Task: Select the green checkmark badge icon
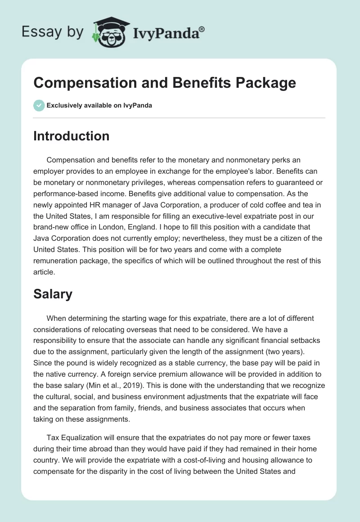click(39, 106)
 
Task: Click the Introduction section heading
click(71, 136)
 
